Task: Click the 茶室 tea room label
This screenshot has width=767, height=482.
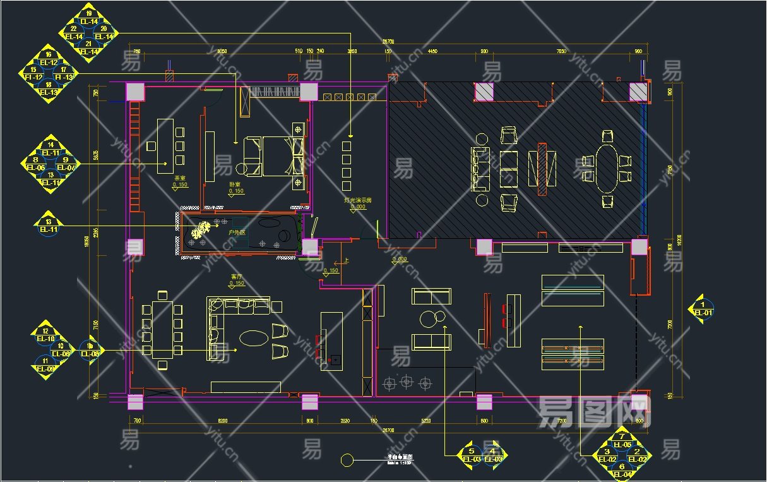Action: (180, 179)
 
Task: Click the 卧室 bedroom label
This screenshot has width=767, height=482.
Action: (235, 184)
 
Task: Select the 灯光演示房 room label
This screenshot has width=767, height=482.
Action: (357, 200)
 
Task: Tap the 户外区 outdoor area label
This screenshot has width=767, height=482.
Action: (236, 233)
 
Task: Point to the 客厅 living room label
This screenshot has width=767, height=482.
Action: (237, 277)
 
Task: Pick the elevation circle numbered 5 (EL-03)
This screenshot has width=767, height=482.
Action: (471, 451)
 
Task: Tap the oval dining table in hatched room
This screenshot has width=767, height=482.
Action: (607, 168)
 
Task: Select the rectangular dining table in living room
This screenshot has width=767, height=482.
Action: (162, 329)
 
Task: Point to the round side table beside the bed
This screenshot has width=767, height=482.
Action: (242, 168)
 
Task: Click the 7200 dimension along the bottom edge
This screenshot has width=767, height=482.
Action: (562, 420)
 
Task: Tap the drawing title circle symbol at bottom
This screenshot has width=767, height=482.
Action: (347, 461)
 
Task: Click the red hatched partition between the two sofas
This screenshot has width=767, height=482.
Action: (542, 168)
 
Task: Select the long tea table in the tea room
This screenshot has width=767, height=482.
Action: (165, 145)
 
